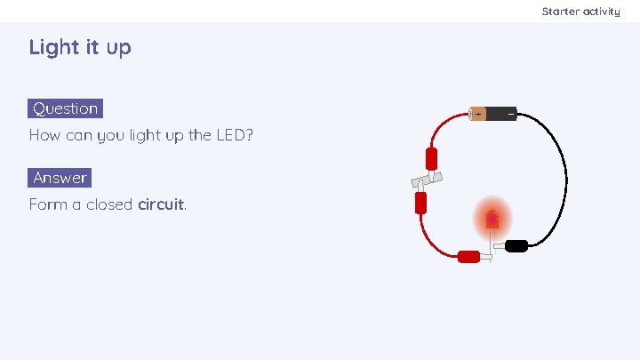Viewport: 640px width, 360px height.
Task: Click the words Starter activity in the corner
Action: tap(580, 12)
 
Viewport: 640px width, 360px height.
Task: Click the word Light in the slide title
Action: tap(52, 47)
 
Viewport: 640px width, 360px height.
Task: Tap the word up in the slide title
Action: tap(118, 48)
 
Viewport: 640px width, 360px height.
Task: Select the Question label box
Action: tap(65, 108)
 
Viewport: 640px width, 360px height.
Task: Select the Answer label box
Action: tap(60, 178)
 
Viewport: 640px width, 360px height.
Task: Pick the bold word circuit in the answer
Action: tap(161, 204)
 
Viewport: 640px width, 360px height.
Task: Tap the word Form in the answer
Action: tap(46, 204)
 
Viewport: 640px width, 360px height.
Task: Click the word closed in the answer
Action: tap(109, 204)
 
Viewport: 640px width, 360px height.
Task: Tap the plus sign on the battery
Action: tap(477, 114)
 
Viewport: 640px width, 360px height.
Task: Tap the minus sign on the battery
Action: tap(510, 114)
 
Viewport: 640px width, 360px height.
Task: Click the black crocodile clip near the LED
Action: tap(516, 245)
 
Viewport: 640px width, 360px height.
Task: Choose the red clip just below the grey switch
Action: tap(421, 204)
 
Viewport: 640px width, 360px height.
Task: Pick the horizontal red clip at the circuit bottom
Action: tap(468, 257)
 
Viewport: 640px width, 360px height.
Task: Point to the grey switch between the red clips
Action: tap(426, 181)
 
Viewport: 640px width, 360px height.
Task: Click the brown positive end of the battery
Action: tap(478, 114)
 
